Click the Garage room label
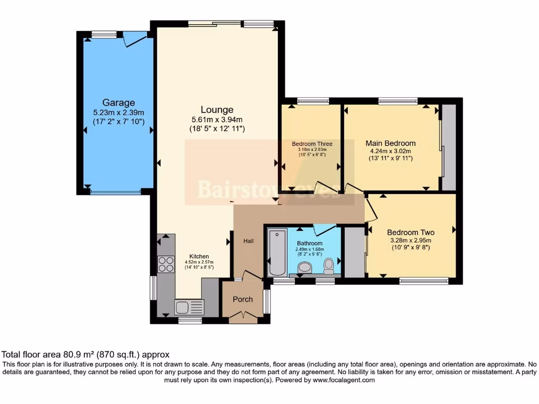118,103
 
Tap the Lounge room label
217,110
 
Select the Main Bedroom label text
391,143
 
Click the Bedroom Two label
411,233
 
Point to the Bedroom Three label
312,144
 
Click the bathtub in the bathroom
277,252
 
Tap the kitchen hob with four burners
166,264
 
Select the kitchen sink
189,307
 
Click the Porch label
243,299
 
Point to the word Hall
248,241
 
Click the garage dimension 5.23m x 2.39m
118,113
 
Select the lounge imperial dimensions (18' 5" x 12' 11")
217,128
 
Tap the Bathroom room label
310,244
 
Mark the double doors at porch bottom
243,315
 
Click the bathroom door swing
324,230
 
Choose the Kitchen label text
199,257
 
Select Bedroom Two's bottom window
424,281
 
